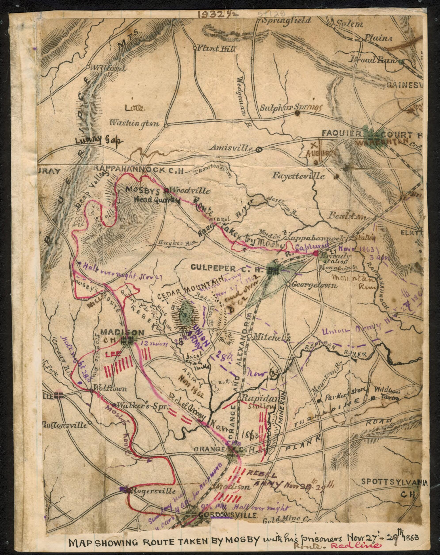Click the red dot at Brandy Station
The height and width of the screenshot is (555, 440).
tap(315, 253)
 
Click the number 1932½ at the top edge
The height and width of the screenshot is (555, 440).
tap(217, 14)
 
